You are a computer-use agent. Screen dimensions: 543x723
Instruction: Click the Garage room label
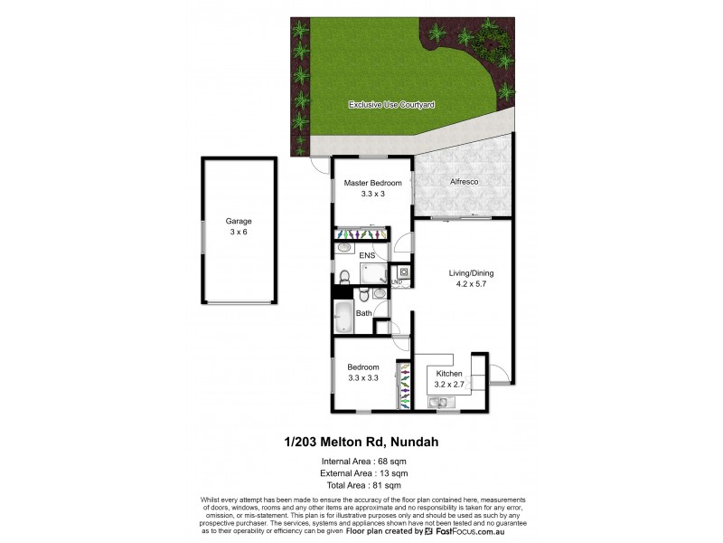tap(239, 221)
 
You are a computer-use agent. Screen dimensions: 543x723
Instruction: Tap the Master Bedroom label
tap(371, 183)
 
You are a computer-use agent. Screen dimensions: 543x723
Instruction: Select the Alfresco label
tap(464, 182)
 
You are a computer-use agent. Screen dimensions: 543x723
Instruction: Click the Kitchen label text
tap(449, 374)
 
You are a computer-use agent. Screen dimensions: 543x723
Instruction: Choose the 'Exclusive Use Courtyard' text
tap(392, 105)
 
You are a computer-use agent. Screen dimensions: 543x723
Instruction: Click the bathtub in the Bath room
tap(344, 317)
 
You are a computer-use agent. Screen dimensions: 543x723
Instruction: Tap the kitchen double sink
tap(445, 401)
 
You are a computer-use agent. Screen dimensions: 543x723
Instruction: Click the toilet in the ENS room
tap(344, 275)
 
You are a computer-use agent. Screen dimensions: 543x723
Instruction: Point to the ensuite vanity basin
tap(344, 248)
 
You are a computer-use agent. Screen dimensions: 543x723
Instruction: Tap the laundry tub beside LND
tap(404, 271)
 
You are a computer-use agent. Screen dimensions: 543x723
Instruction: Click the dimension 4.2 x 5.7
tap(471, 283)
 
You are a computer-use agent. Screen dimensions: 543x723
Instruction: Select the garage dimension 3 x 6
tap(239, 232)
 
